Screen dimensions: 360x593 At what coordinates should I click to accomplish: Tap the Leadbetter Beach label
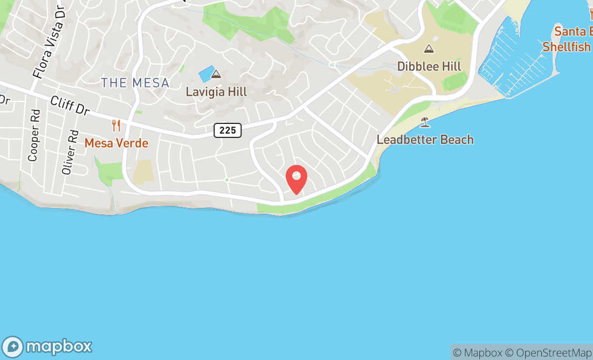(425, 140)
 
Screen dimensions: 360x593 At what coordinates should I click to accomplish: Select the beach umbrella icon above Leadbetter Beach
(425, 122)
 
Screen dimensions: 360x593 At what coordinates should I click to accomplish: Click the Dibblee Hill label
(429, 66)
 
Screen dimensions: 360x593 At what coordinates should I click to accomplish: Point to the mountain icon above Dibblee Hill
(429, 49)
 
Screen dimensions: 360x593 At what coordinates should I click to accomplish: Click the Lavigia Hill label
(216, 92)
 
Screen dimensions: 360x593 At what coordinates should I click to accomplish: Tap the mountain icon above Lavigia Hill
(216, 74)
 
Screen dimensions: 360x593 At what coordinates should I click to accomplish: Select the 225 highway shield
(227, 130)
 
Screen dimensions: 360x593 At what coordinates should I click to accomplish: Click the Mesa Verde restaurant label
(116, 143)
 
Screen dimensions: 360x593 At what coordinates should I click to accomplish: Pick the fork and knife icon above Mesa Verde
(116, 126)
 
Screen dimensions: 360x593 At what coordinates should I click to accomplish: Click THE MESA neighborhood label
(135, 83)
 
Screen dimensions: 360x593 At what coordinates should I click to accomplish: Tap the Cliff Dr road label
(70, 105)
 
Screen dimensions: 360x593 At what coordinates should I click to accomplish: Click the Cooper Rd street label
(34, 143)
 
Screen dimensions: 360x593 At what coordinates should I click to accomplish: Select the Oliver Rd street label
(70, 152)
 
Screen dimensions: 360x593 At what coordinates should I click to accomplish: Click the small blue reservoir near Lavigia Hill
(205, 74)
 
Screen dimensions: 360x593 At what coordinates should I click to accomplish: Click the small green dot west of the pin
(227, 179)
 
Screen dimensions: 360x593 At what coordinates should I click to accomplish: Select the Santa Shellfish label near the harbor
(569, 39)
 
